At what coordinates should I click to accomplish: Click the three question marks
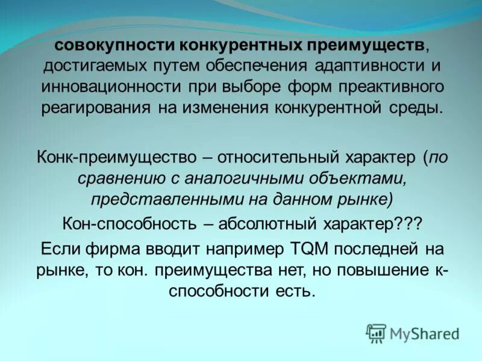pyautogui.click(x=406, y=224)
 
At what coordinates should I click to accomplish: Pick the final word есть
pyautogui.click(x=295, y=292)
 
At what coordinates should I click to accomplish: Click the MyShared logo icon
pyautogui.click(x=376, y=333)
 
